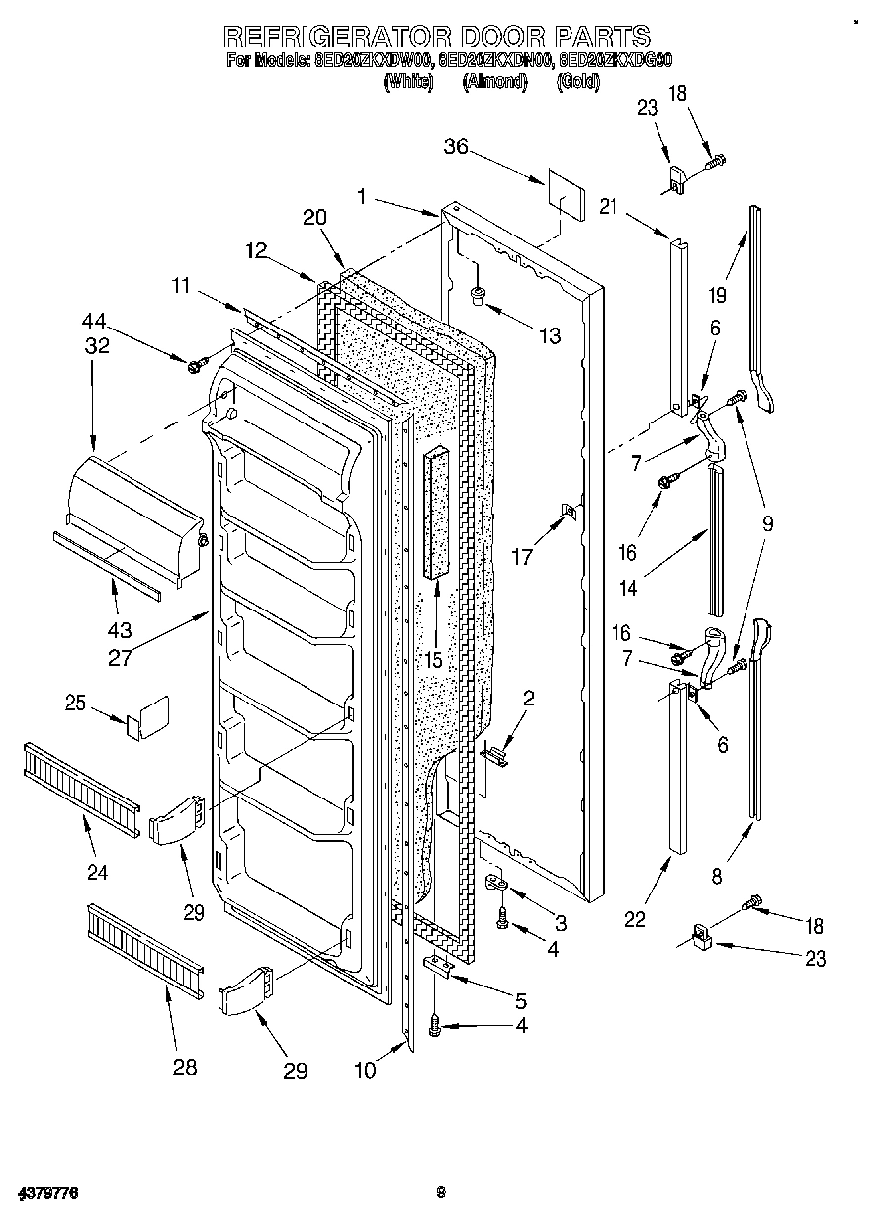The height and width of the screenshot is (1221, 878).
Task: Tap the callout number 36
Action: (456, 148)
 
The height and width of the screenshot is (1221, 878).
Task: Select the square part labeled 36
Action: (562, 194)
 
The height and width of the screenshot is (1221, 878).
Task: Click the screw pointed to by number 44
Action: (194, 366)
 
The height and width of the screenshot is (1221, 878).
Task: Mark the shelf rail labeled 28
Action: (145, 950)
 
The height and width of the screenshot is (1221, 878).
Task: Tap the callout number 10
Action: (366, 1070)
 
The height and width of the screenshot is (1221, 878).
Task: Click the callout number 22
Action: (634, 919)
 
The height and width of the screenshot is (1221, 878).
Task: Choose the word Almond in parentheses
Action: (494, 82)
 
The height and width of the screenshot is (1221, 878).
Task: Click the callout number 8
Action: (717, 875)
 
